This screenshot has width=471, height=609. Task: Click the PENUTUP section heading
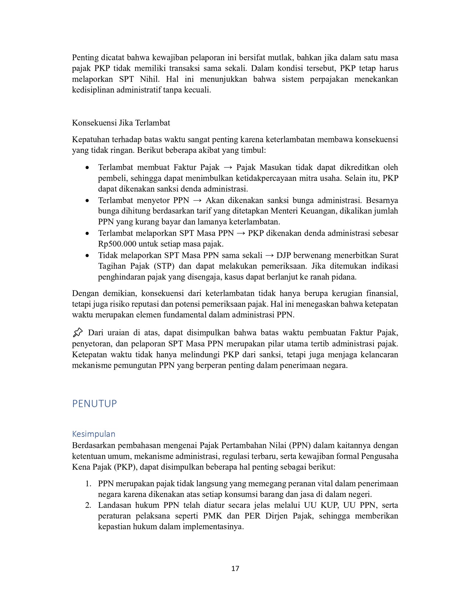(94, 403)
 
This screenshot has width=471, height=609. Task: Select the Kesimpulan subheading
(94, 434)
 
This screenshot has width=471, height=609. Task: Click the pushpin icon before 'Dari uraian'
(78, 333)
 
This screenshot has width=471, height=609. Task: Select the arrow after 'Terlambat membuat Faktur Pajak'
(228, 167)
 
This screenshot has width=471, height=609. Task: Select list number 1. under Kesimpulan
(88, 484)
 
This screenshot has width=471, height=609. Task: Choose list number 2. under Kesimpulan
(88, 505)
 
